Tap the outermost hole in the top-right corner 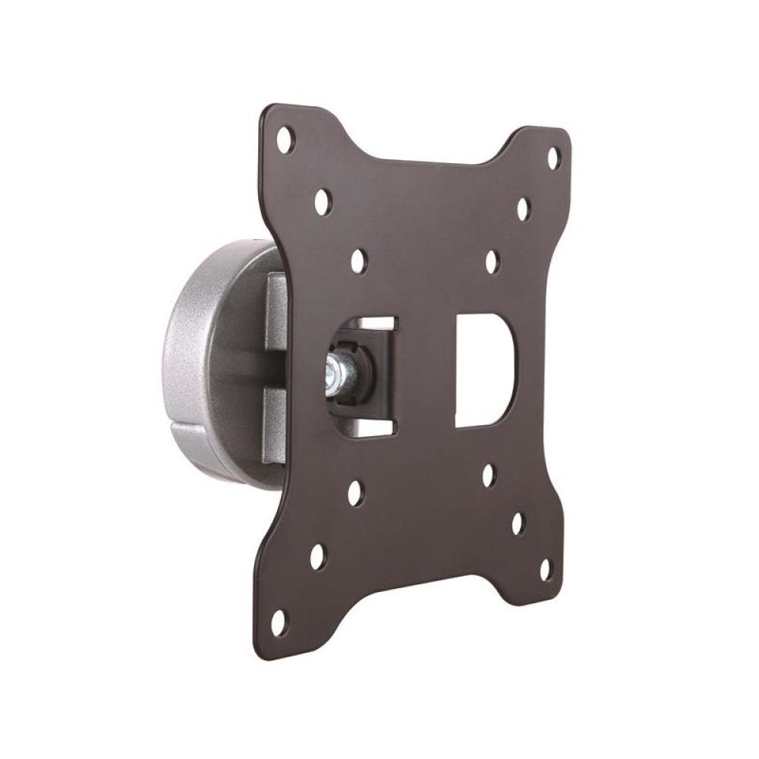click(553, 158)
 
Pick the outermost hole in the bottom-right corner click(543, 567)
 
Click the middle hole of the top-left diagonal click(321, 201)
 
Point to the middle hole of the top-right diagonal click(522, 208)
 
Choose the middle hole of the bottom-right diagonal click(516, 523)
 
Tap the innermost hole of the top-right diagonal click(491, 260)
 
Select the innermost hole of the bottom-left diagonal click(354, 493)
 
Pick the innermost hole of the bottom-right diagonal click(488, 475)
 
